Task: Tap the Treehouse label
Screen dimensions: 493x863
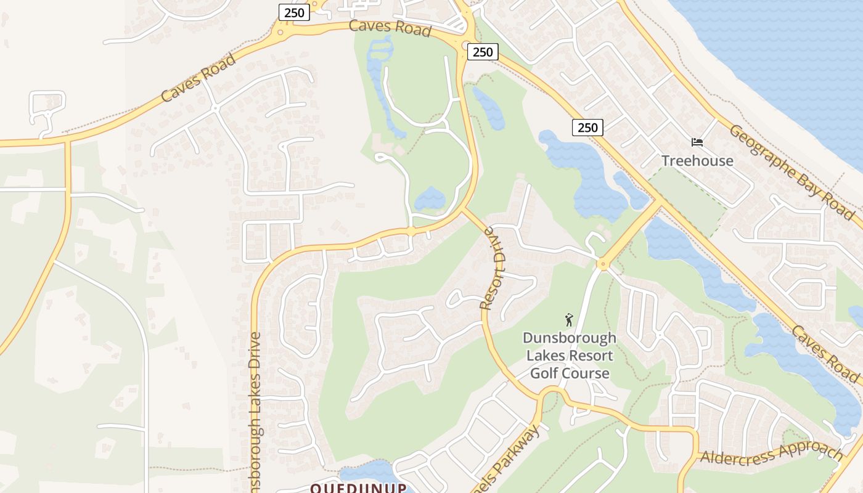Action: click(697, 161)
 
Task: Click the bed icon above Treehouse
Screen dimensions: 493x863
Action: click(697, 142)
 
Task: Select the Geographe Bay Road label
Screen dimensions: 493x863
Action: click(791, 172)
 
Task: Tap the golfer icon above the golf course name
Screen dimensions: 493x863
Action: click(569, 320)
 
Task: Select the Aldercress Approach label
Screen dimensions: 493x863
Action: click(772, 453)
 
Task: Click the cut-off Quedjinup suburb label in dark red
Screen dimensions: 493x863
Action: click(358, 488)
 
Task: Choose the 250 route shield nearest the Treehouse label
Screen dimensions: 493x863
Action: click(587, 128)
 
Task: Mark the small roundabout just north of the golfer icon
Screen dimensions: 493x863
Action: click(602, 265)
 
